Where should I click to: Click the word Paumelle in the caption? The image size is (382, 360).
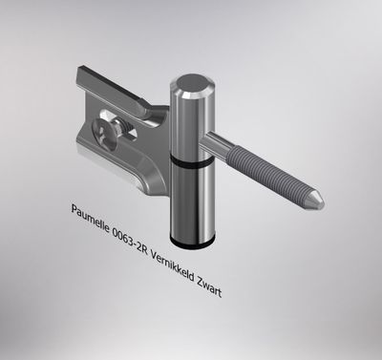point(90,215)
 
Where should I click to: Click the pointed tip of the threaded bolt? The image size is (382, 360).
point(320,203)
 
